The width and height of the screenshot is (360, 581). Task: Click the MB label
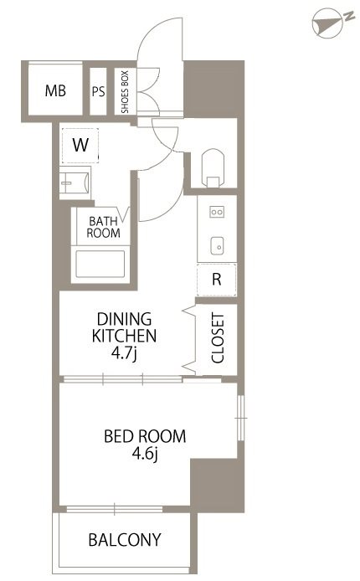(x=55, y=90)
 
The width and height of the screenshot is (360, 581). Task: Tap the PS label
(x=99, y=91)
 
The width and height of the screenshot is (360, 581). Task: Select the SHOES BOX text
(x=125, y=91)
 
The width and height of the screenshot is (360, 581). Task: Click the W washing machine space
(x=80, y=146)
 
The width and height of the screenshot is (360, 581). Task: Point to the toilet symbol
(x=213, y=167)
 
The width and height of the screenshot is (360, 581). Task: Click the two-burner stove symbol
(x=217, y=212)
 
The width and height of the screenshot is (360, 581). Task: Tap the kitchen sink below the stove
(x=217, y=245)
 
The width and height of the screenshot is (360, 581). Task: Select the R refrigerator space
(x=217, y=280)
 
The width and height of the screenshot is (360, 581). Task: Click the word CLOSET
(x=218, y=338)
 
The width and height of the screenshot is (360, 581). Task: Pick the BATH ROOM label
(x=103, y=227)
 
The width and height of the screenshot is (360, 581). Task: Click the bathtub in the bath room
(x=100, y=264)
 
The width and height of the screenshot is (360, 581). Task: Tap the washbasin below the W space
(x=75, y=183)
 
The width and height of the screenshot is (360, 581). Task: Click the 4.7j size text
(x=125, y=353)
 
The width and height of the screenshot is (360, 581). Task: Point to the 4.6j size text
(x=145, y=454)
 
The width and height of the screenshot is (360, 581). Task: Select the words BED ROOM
(x=145, y=436)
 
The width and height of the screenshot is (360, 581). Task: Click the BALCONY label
(x=125, y=539)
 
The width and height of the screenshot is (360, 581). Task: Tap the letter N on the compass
(x=348, y=16)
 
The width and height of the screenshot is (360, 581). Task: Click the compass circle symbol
(x=327, y=23)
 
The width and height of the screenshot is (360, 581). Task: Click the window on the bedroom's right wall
(x=241, y=418)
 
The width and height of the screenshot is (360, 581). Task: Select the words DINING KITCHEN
(x=124, y=327)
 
